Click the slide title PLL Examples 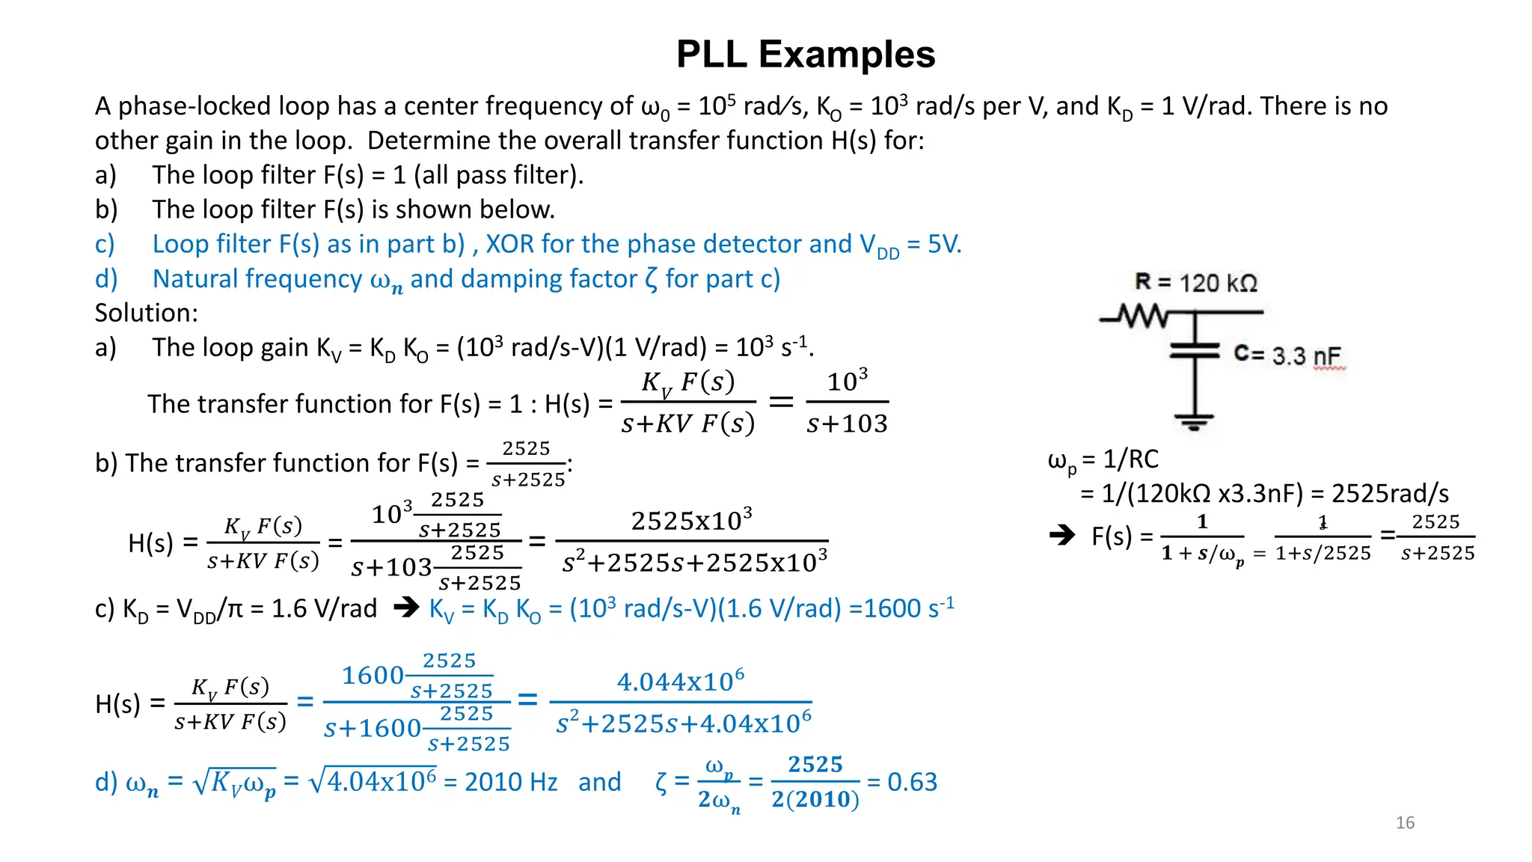pyautogui.click(x=805, y=55)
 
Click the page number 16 pyautogui.click(x=1405, y=823)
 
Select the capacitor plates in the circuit pyautogui.click(x=1195, y=351)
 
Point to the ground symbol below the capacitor pyautogui.click(x=1194, y=422)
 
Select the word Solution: pyautogui.click(x=147, y=313)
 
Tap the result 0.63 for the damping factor pyautogui.click(x=912, y=782)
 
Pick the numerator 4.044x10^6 pyautogui.click(x=680, y=681)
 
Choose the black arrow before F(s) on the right pyautogui.click(x=1061, y=535)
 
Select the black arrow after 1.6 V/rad pyautogui.click(x=406, y=607)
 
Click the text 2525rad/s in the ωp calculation pyautogui.click(x=1390, y=494)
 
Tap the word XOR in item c pyautogui.click(x=509, y=244)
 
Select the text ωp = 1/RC pyautogui.click(x=1103, y=459)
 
